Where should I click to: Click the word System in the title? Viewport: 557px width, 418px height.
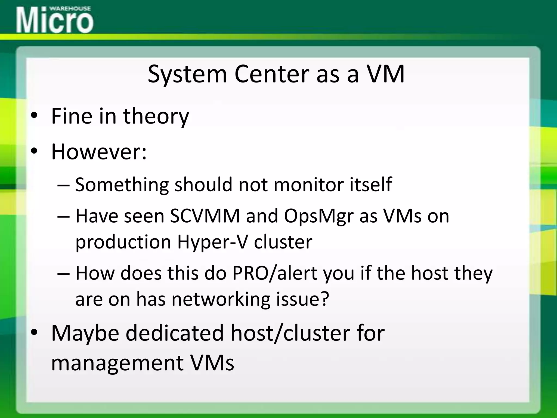tap(187, 74)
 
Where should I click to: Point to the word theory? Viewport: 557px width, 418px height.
tap(156, 116)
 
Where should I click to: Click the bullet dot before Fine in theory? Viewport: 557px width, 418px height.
tap(34, 116)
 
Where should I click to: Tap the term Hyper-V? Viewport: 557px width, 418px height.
tap(212, 242)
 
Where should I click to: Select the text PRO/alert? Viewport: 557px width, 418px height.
tap(275, 273)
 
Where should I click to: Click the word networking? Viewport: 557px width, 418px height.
tap(221, 299)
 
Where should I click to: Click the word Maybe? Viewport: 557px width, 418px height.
tap(85, 333)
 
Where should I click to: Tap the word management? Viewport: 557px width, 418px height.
tap(117, 363)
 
